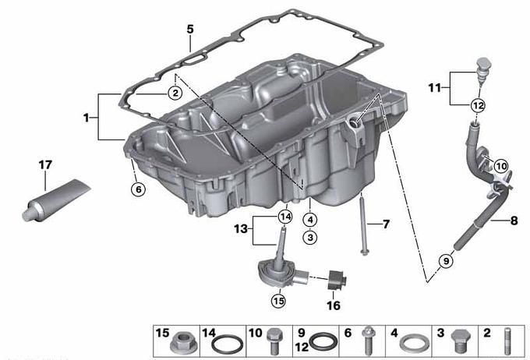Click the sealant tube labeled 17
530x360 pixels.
pyautogui.click(x=56, y=200)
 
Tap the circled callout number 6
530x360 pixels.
pyautogui.click(x=138, y=189)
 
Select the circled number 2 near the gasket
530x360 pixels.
pyautogui.click(x=175, y=93)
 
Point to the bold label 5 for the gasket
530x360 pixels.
pyautogui.click(x=190, y=30)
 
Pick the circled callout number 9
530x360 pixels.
pyautogui.click(x=446, y=261)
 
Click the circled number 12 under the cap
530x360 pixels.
pyautogui.click(x=479, y=106)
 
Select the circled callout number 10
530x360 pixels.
pyautogui.click(x=501, y=166)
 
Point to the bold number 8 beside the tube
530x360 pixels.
pyautogui.click(x=514, y=221)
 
